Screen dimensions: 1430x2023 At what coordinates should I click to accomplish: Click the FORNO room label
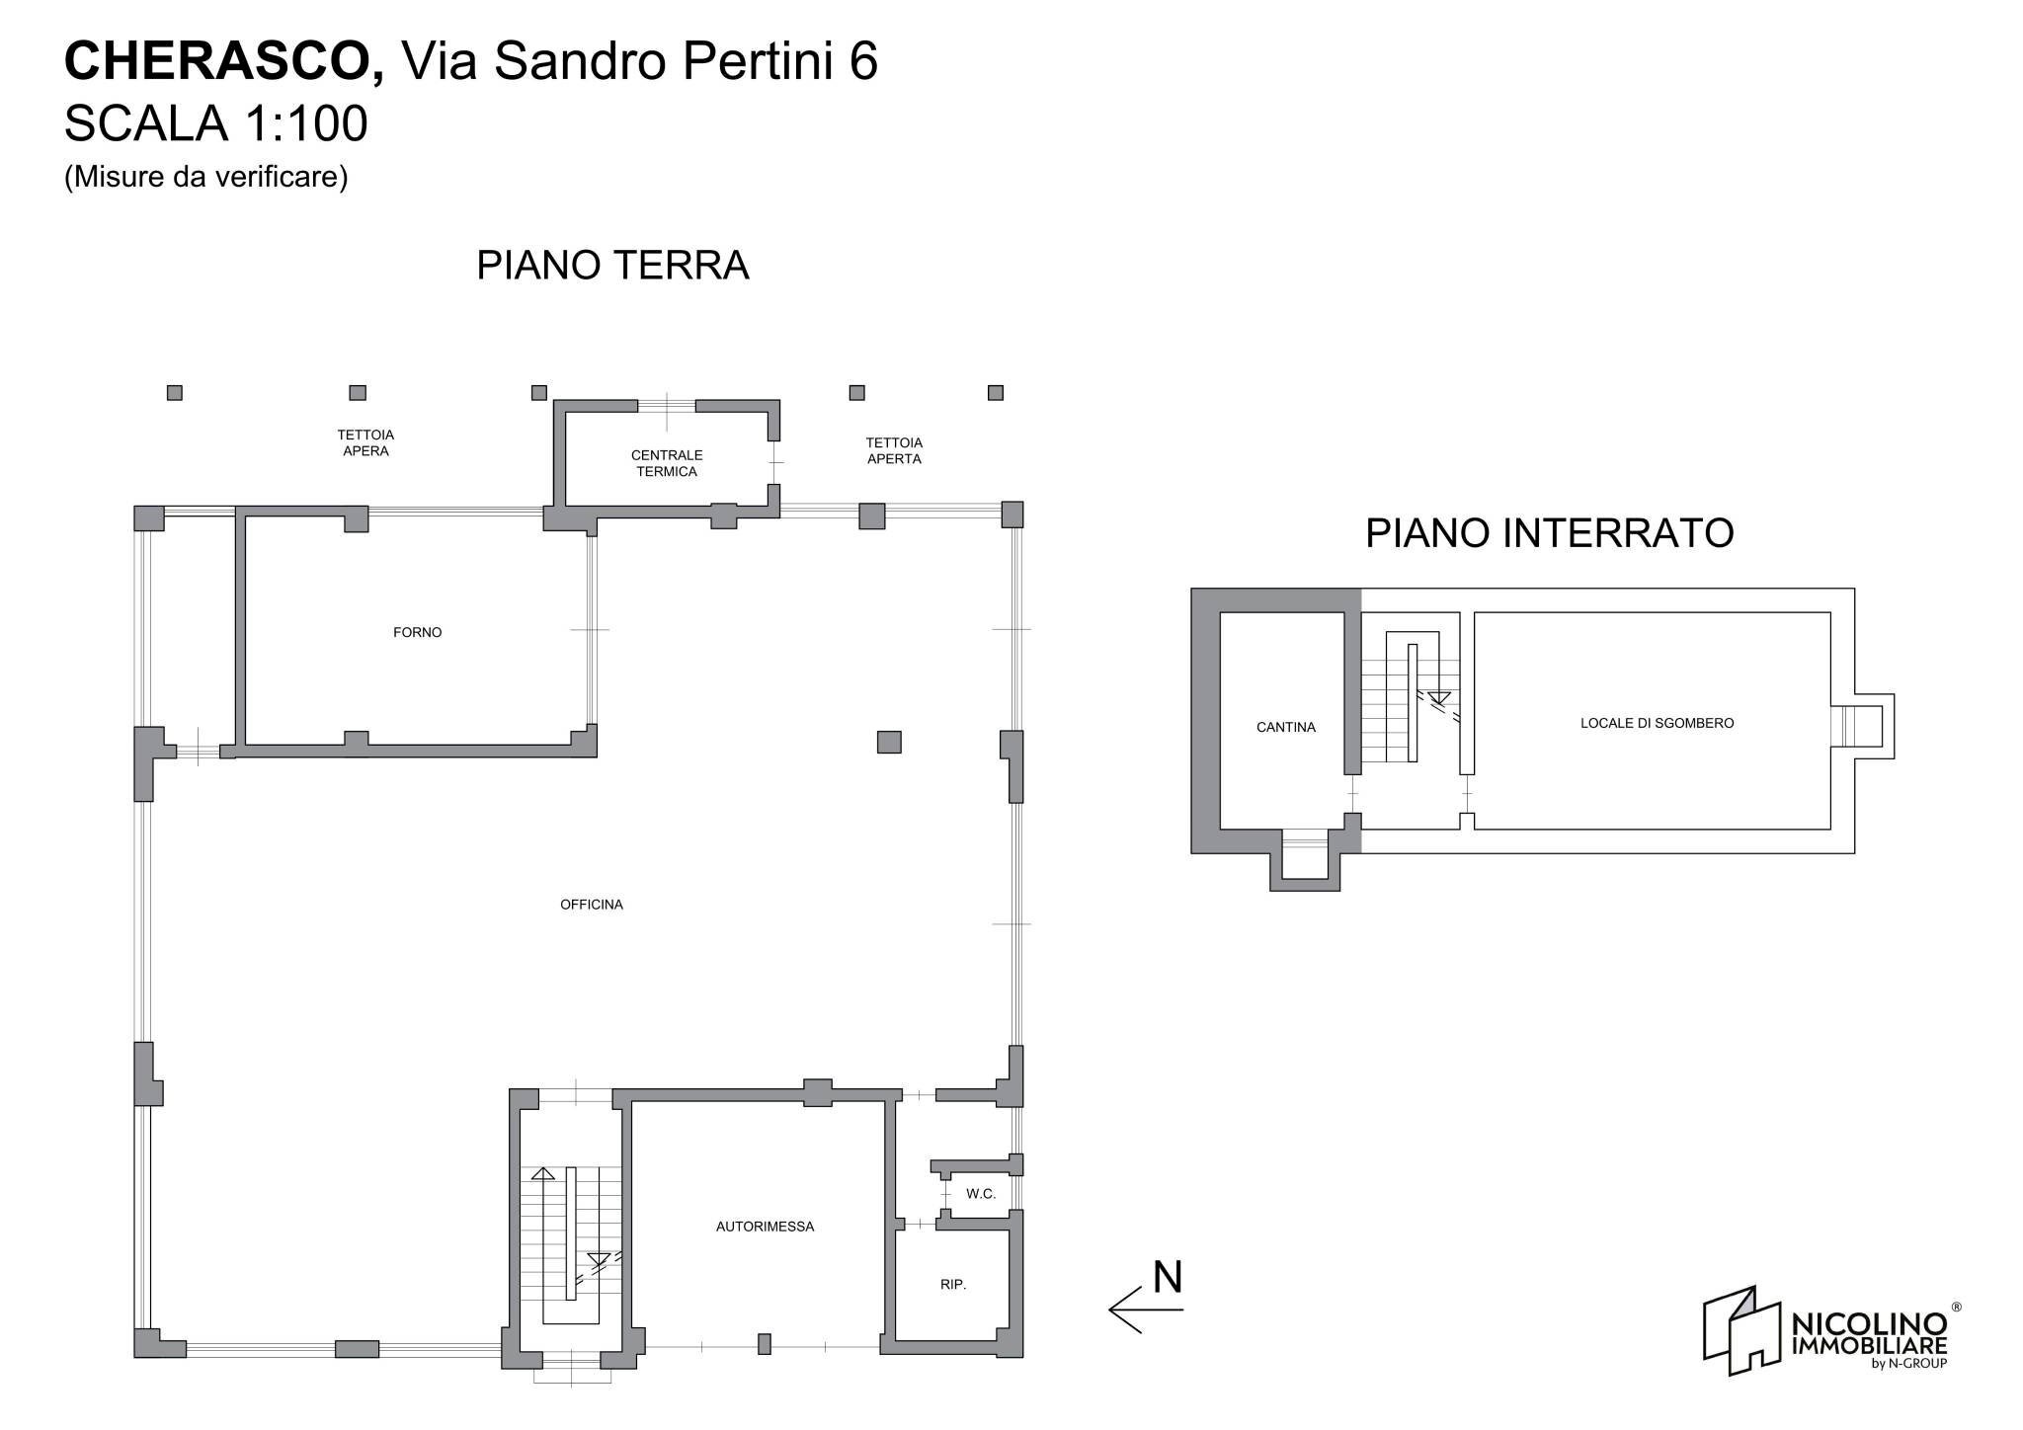417,632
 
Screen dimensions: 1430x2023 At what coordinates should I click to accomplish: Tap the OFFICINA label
591,904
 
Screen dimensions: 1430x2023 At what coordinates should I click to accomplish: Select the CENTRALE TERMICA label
667,463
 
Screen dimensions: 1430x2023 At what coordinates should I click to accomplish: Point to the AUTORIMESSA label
765,1227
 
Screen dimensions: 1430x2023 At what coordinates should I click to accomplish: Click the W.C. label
980,1194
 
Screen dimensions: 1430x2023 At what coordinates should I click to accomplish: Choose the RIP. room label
952,1285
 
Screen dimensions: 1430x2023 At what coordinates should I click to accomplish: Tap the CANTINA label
1285,727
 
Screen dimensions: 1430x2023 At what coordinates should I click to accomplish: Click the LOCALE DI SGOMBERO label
1657,723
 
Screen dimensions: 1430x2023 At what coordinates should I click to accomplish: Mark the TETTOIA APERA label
365,442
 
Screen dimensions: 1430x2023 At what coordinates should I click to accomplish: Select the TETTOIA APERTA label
894,450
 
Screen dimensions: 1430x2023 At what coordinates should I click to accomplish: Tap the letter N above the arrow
1168,1277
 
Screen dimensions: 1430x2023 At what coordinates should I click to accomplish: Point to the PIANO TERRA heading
612,266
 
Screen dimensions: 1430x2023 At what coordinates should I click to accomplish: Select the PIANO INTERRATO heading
1549,533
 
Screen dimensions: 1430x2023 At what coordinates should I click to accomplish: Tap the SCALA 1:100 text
215,124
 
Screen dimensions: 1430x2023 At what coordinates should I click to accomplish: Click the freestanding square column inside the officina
889,742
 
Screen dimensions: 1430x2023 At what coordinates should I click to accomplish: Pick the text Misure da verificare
205,177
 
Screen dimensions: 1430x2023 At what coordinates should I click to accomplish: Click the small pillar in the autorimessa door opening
764,1343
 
